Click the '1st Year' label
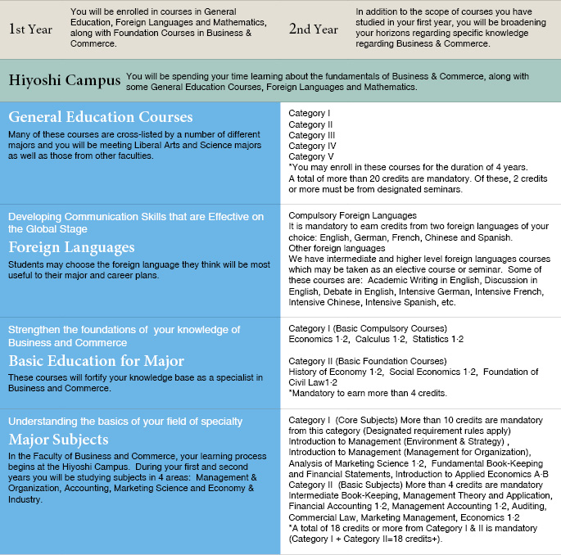32,29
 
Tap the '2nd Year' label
313,29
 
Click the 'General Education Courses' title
101,117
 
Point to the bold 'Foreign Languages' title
71,246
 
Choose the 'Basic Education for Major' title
96,360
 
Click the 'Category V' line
308,156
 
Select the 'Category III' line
312,135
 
